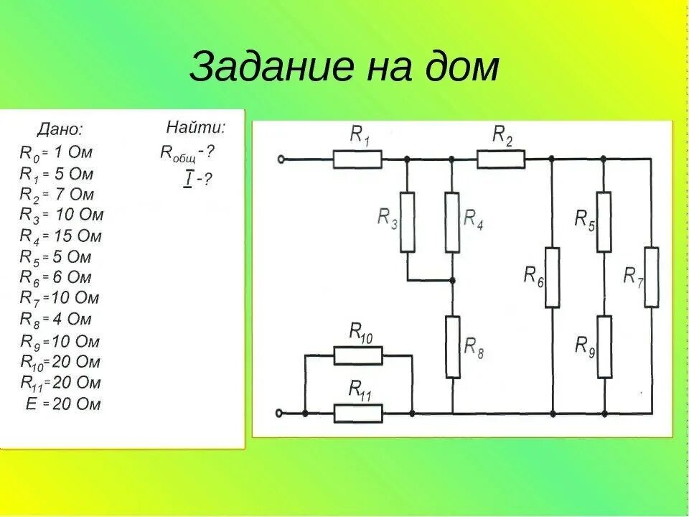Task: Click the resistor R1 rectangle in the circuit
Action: pos(357,159)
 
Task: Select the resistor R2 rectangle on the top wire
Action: pos(501,159)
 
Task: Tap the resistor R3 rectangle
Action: pos(407,222)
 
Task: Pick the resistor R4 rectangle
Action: pos(452,222)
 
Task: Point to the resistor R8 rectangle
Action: pos(452,348)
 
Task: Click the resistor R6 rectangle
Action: pos(552,276)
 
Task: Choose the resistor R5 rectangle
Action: pos(604,222)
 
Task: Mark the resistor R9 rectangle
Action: pos(604,347)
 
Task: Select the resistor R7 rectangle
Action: pos(651,276)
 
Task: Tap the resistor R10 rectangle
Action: pos(358,355)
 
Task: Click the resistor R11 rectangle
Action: pos(358,413)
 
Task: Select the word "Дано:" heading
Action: pos(60,130)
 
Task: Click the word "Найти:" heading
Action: pos(196,129)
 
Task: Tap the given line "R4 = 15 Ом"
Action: pos(61,236)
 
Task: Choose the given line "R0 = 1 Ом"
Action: pos(56,152)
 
